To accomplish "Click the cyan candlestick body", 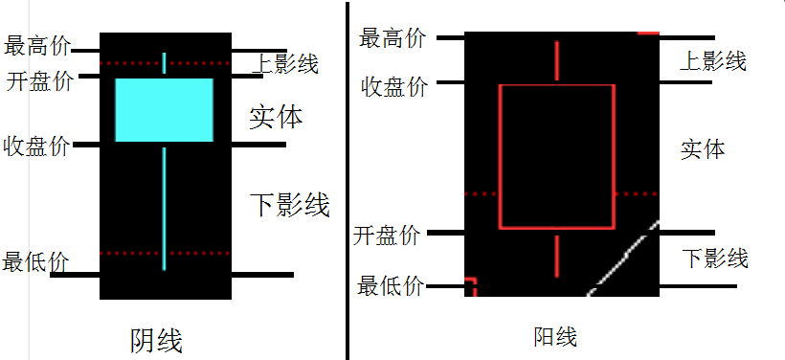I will pyautogui.click(x=164, y=110).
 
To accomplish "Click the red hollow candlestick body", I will pyautogui.click(x=556, y=157).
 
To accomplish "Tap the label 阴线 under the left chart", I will pyautogui.click(x=156, y=340).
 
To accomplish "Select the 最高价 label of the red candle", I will pyautogui.click(x=392, y=38).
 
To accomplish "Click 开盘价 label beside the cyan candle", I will pyautogui.click(x=39, y=80).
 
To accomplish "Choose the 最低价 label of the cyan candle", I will pyautogui.click(x=35, y=261).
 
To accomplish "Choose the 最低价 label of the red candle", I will pyautogui.click(x=391, y=285).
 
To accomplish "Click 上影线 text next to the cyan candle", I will pyautogui.click(x=285, y=64).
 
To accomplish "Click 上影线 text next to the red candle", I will pyautogui.click(x=712, y=61).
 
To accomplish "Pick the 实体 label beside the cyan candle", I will pyautogui.click(x=276, y=117).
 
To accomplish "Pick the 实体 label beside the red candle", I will pyautogui.click(x=703, y=148).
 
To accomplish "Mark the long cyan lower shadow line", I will pyautogui.click(x=164, y=206).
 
